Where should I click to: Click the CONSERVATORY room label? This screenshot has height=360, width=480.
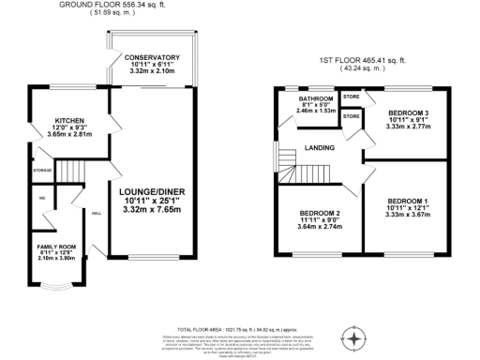coord(152,56)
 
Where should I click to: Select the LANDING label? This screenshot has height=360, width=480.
coord(322,148)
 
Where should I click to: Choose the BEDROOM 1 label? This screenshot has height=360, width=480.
coord(408,201)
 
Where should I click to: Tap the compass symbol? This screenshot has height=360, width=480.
coord(355,338)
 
